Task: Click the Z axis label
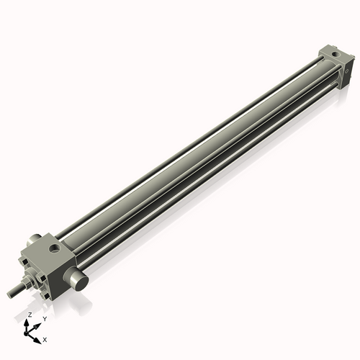[x=29, y=315]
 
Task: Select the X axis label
[x=45, y=338]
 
